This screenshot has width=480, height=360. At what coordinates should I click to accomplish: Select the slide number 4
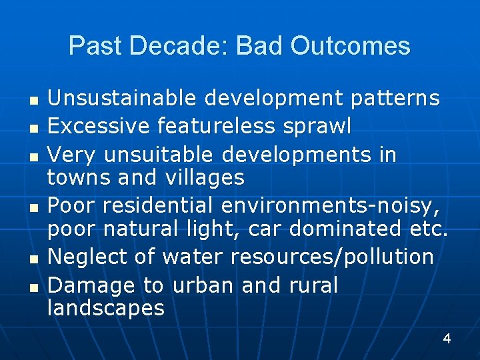[x=447, y=339]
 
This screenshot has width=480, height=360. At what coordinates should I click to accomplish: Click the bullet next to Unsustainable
[x=34, y=101]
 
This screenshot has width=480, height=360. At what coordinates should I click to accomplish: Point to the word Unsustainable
[x=121, y=97]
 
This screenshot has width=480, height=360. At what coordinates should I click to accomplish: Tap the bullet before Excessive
[x=34, y=129]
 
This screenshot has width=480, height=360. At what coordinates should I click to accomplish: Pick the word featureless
[x=216, y=126]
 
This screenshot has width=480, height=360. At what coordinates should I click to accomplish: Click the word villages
[x=205, y=178]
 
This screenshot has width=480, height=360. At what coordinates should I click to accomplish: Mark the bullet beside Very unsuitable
[x=34, y=157]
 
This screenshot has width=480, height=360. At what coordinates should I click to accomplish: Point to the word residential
[x=157, y=205]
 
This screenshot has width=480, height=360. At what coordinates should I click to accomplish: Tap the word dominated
[x=345, y=228]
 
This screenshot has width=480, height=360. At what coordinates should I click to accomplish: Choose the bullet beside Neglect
[x=34, y=260]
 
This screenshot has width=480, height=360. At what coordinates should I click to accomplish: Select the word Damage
[x=91, y=286]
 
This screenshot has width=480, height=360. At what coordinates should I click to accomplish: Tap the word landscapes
[x=106, y=307]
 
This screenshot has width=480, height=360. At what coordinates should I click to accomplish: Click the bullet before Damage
[x=34, y=288]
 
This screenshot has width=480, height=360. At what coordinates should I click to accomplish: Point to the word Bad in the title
[x=259, y=45]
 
